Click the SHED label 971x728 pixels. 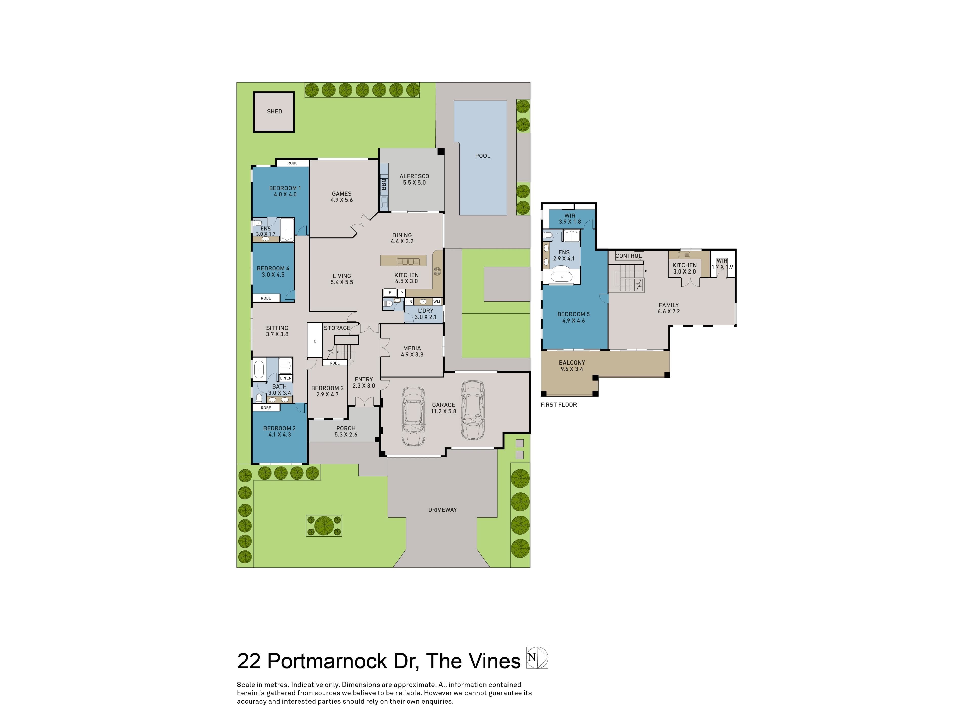pos(274,111)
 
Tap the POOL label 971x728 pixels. pos(482,156)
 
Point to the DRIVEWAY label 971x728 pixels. pos(443,509)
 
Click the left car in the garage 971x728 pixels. pos(413,415)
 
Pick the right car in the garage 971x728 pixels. pos(473,409)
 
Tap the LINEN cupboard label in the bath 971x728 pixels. pos(286,378)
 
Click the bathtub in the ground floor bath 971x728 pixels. pos(258,370)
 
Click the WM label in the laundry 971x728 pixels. pos(437,302)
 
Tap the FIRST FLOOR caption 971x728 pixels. pos(558,405)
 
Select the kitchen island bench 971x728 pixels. pos(403,260)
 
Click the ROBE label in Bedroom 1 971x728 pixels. pos(292,163)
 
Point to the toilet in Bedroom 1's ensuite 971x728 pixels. pos(258,223)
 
